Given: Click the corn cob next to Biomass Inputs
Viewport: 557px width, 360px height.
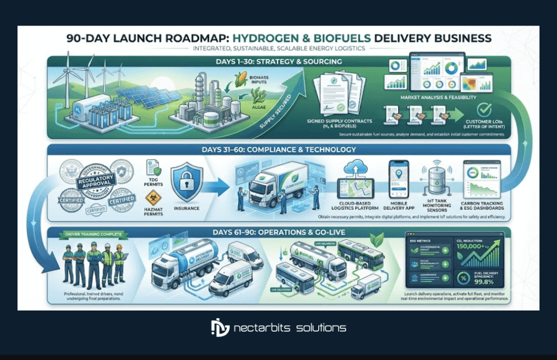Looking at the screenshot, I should (238, 84).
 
